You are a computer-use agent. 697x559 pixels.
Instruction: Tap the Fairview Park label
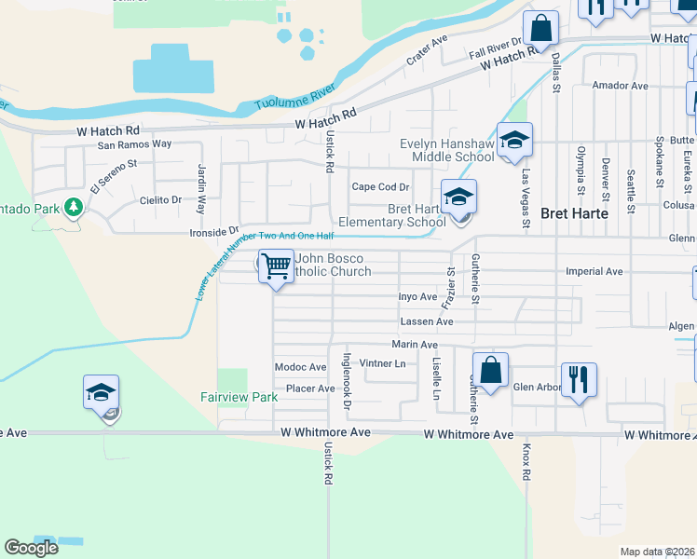(239, 397)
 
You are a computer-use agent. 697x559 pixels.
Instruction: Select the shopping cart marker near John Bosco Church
(276, 266)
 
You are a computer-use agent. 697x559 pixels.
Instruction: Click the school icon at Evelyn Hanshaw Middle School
(514, 142)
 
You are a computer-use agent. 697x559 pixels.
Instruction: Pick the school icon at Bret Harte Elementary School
(458, 198)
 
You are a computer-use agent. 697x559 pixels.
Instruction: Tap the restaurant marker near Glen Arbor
(579, 380)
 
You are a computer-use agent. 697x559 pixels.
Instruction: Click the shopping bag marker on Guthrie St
(490, 372)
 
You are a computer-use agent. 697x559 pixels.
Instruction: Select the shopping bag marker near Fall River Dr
(540, 29)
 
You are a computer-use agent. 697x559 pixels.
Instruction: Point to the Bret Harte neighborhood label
(569, 212)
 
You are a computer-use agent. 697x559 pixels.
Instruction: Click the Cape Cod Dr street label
(380, 186)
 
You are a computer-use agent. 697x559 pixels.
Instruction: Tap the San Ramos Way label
(135, 144)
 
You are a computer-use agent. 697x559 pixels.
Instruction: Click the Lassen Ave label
(426, 321)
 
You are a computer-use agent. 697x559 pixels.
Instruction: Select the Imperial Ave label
(594, 271)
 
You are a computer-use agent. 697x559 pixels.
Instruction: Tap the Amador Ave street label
(620, 86)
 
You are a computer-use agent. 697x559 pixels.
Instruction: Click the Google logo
(31, 547)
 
